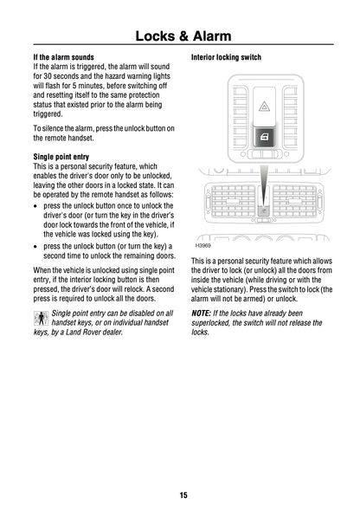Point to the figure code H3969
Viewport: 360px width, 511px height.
(205, 245)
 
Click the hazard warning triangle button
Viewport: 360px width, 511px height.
(263, 109)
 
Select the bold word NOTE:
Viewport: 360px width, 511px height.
(201, 312)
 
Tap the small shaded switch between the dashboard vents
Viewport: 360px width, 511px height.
(263, 209)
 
